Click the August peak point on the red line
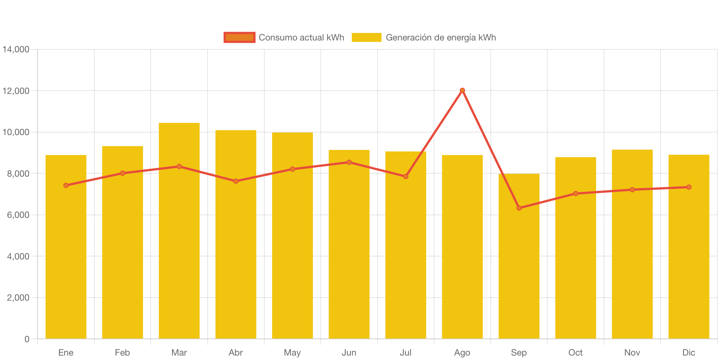coord(462,90)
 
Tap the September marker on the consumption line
coord(519,208)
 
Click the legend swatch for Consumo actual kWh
coord(239,37)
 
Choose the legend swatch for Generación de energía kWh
coord(366,37)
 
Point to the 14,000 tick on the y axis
coord(16,49)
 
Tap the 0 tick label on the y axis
coord(27,339)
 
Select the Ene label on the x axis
coord(66,352)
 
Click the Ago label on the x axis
coord(462,352)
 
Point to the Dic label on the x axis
coord(689,352)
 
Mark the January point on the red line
coord(66,185)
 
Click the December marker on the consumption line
coord(689,187)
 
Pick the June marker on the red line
coord(349,162)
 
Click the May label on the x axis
coord(292,352)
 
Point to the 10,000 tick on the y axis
coord(16,132)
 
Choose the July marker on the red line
coord(406,176)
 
